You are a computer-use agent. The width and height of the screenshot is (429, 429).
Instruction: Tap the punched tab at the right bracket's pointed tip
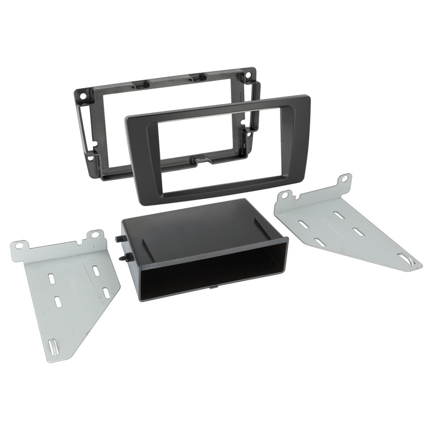click(405, 259)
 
